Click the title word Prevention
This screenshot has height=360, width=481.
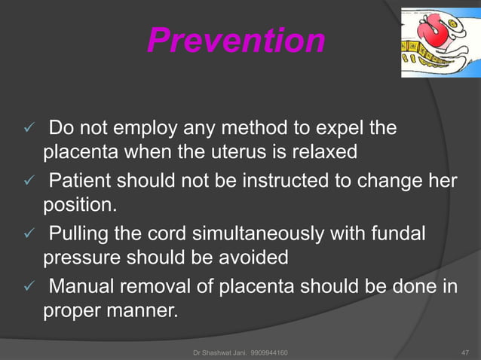(x=236, y=41)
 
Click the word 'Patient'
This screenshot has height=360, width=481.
(x=80, y=182)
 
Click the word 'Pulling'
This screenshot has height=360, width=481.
(x=80, y=235)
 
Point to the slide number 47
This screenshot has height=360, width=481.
(x=464, y=352)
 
